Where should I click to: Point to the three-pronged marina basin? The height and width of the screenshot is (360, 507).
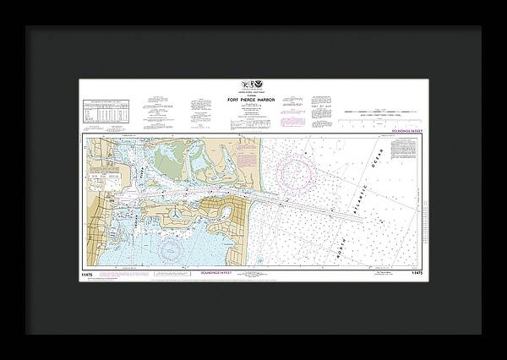(174, 215)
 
